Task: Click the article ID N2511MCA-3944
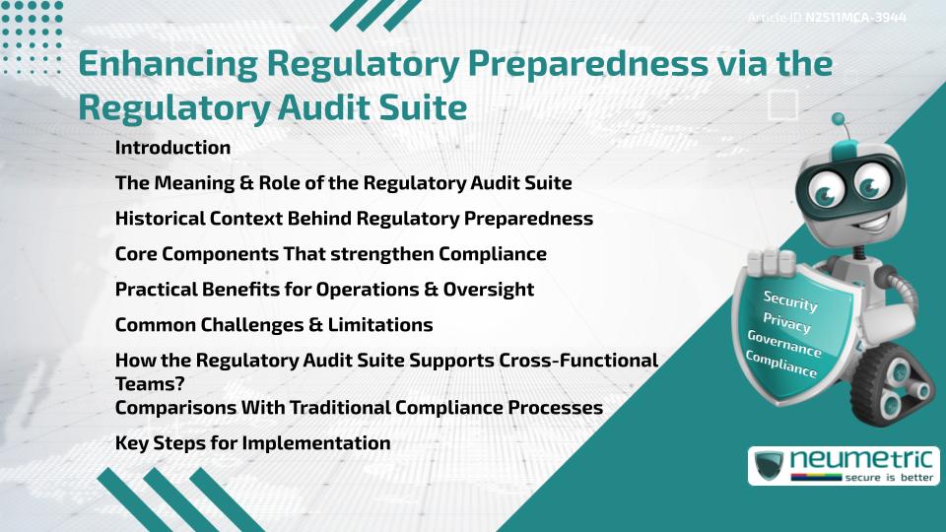tap(855, 17)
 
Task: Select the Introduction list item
tap(172, 148)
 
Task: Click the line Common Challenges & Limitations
tap(274, 325)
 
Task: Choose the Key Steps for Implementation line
tap(252, 443)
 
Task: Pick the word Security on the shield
tap(790, 300)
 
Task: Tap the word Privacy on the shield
tap(786, 324)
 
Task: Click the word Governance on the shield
tap(784, 345)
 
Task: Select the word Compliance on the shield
tap(781, 366)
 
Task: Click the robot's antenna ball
tap(840, 120)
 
